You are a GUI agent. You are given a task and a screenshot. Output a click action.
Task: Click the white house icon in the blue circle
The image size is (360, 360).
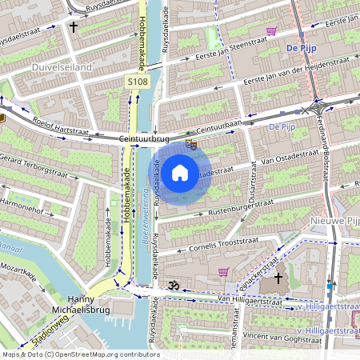pos(180,172)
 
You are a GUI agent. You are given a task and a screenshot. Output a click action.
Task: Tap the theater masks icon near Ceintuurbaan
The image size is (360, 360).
pos(191,145)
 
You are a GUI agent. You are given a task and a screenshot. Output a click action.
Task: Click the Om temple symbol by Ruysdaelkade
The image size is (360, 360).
pos(170,285)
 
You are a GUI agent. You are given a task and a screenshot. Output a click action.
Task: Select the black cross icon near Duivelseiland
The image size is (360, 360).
pos(74,27)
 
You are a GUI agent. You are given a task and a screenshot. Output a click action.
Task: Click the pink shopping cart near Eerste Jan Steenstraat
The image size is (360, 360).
pos(271,31)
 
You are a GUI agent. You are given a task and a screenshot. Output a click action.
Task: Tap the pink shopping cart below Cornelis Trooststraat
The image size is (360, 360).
pos(223,272)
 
